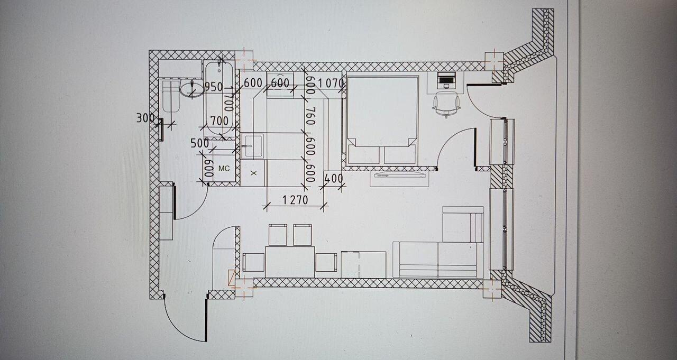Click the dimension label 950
click(x=213, y=87)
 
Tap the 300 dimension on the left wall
click(x=145, y=118)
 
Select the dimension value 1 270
click(x=295, y=200)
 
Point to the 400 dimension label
click(x=333, y=179)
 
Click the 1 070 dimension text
click(x=331, y=83)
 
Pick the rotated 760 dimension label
click(x=310, y=116)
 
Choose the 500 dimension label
click(x=200, y=143)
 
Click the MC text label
click(x=224, y=169)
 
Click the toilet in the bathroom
click(x=171, y=96)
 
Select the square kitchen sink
click(x=253, y=146)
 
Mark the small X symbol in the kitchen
click(x=254, y=173)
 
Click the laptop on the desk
click(x=446, y=80)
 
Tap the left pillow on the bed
click(x=364, y=154)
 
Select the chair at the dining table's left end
click(x=253, y=262)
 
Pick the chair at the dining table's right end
click(x=326, y=262)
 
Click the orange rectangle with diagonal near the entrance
click(x=232, y=277)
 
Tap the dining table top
click(x=290, y=262)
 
